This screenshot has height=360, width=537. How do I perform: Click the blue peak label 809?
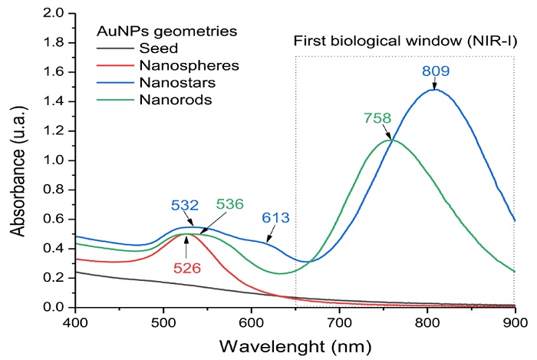coord(434,72)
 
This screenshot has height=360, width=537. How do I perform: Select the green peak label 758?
coord(378,117)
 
